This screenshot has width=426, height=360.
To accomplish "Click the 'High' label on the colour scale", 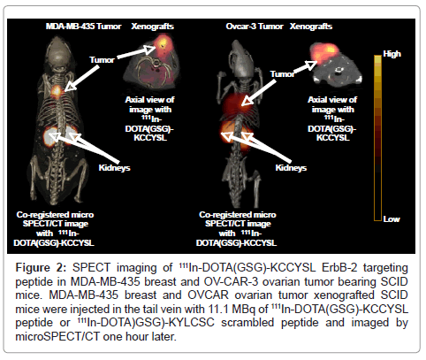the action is click(392, 54).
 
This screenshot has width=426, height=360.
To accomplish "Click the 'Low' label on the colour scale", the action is click(392, 219).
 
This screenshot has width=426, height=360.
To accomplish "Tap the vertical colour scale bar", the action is click(377, 138).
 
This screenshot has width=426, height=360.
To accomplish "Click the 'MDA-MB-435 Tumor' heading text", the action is click(83, 27).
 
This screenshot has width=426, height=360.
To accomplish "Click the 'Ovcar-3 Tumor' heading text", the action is click(255, 27).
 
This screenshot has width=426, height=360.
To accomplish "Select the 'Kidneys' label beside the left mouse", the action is click(114, 168).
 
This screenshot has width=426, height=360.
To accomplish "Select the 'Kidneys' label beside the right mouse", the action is click(291, 168).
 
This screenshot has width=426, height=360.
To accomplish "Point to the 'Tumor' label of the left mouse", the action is click(102, 60).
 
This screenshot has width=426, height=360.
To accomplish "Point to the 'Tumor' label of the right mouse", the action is click(282, 73).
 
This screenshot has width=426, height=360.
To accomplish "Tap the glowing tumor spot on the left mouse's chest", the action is click(57, 91).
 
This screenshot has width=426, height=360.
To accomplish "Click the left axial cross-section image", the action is click(151, 64).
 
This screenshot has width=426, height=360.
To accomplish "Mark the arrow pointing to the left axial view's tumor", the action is click(136, 52).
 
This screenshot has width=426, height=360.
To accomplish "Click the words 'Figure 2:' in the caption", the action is click(41, 268).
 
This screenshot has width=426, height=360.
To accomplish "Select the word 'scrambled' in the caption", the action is click(247, 323).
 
